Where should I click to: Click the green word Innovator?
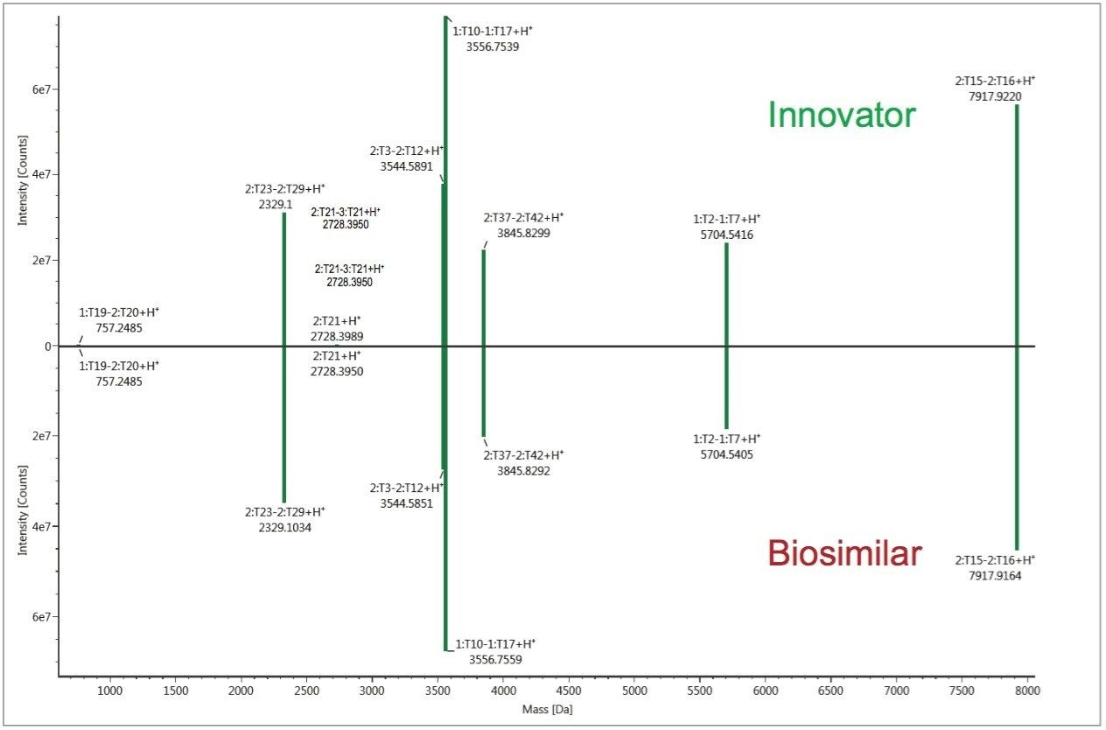(x=842, y=116)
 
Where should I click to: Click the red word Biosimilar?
(x=844, y=553)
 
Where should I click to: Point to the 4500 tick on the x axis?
(x=569, y=691)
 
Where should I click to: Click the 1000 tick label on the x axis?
(x=109, y=691)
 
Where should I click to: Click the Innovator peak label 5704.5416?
(x=726, y=235)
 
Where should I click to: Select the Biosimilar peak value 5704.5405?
(x=726, y=454)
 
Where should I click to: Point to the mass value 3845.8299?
(x=523, y=234)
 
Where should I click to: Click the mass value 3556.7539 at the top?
(x=493, y=47)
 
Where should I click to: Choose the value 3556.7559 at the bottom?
(x=495, y=659)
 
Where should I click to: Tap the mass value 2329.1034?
(x=284, y=528)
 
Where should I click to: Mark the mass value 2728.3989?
(x=336, y=336)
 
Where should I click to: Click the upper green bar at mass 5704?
(x=726, y=293)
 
